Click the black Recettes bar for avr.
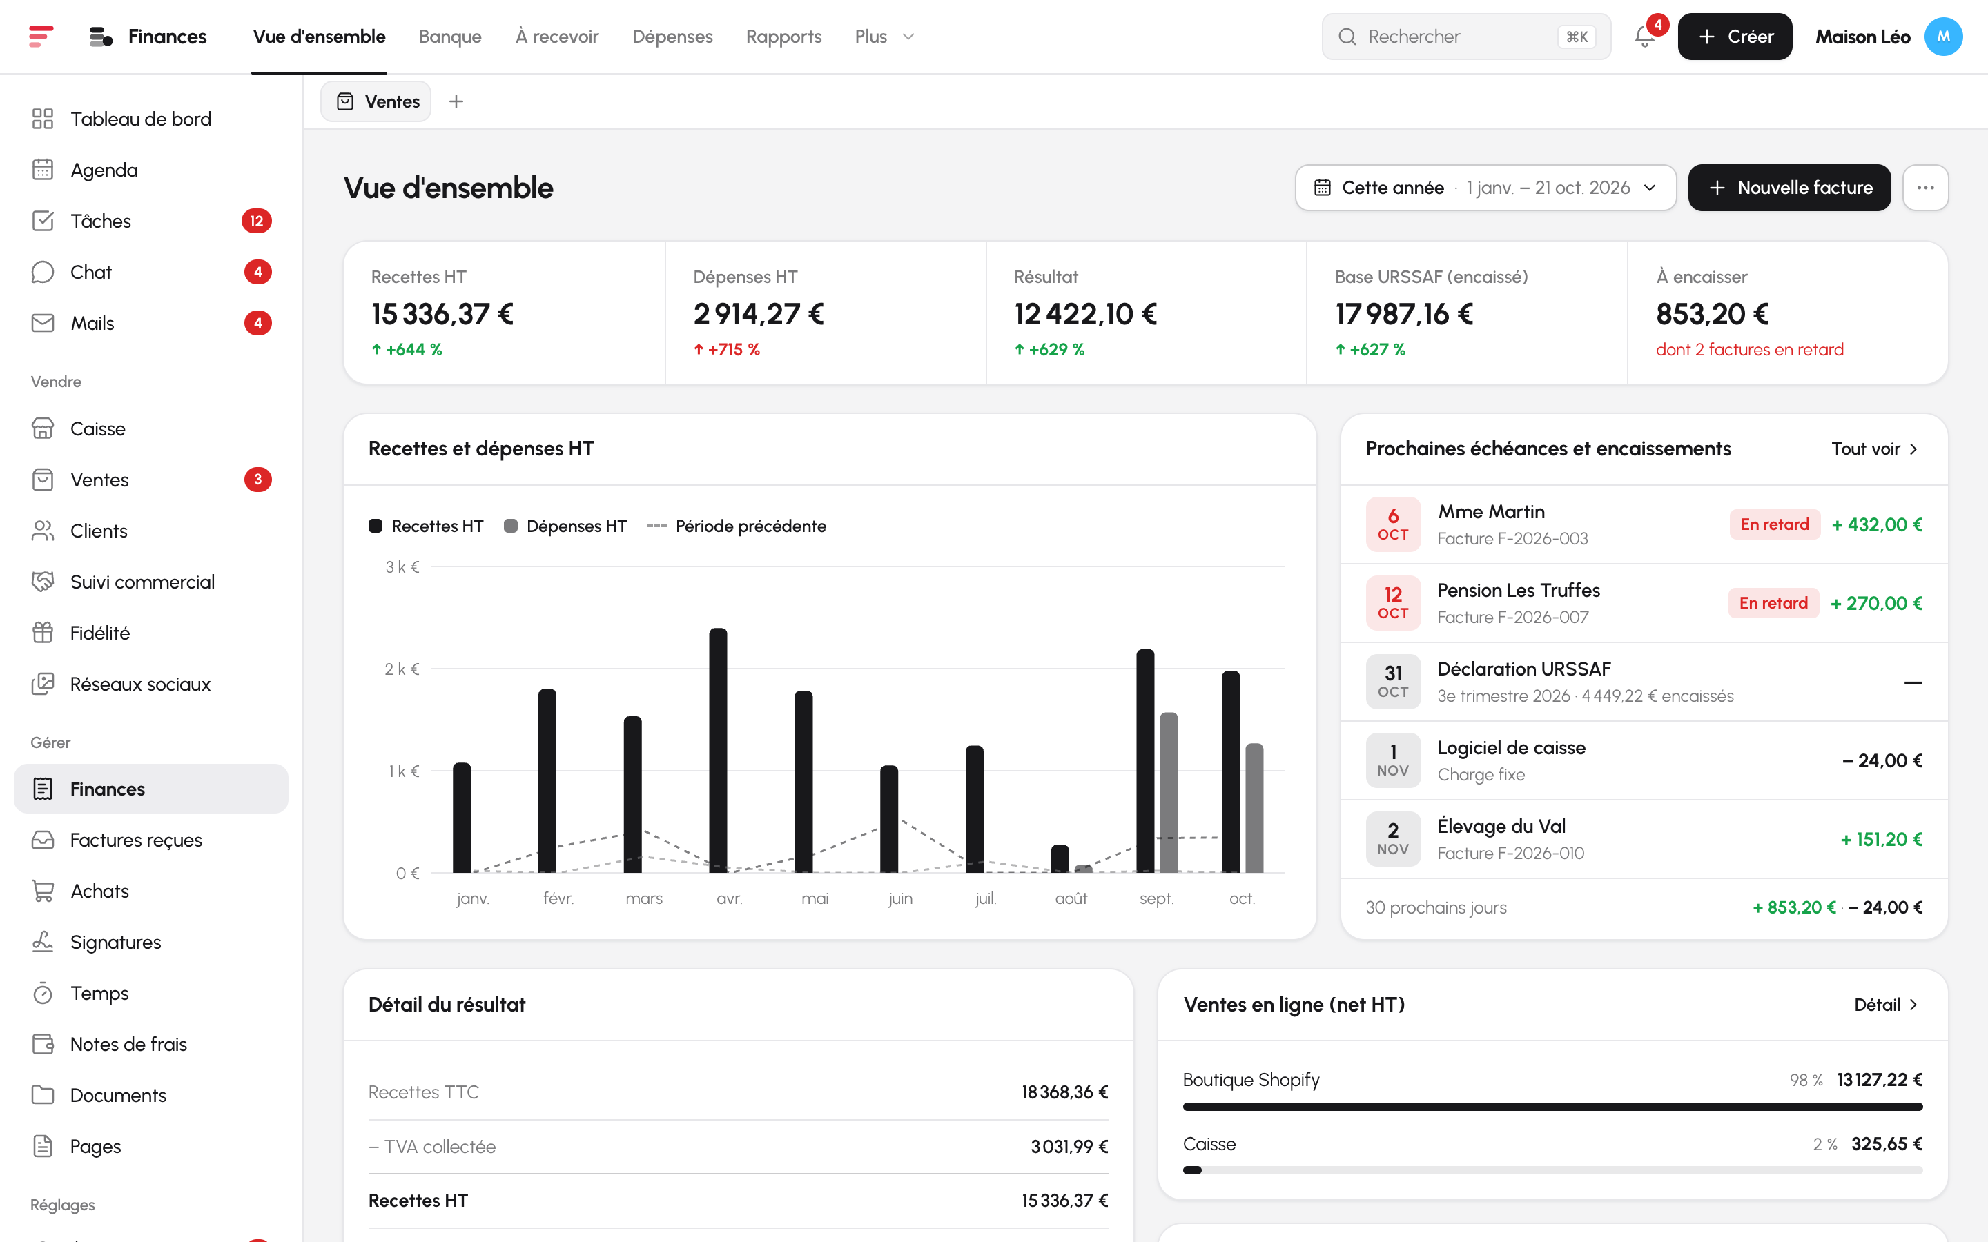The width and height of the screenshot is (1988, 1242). [x=718, y=750]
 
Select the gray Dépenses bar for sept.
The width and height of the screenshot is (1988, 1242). [x=1168, y=792]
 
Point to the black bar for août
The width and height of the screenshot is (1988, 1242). [x=1060, y=858]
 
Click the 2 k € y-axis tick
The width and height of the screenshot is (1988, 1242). [x=402, y=669]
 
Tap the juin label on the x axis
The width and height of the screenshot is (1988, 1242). [x=900, y=898]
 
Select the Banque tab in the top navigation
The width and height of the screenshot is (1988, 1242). [x=450, y=37]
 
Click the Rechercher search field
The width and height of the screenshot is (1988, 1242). [x=1466, y=37]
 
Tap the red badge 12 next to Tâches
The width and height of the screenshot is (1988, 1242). [x=256, y=221]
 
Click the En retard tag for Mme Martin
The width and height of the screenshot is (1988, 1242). [x=1775, y=524]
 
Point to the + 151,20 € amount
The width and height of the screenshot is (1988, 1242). [x=1881, y=840]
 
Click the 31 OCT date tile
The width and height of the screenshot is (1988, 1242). [x=1393, y=682]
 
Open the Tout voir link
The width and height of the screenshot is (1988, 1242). [x=1875, y=448]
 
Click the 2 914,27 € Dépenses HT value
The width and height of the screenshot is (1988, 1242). [x=758, y=314]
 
